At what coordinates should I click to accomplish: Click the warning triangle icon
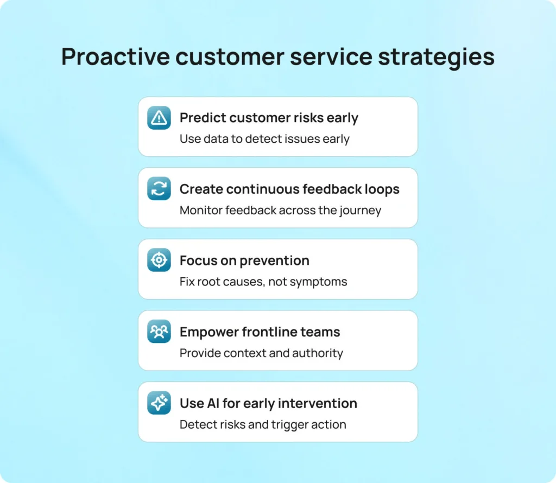(159, 118)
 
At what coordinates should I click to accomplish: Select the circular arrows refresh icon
(159, 189)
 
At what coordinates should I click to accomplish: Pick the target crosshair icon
(159, 260)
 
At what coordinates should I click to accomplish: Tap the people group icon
(159, 332)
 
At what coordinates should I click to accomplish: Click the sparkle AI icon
(159, 403)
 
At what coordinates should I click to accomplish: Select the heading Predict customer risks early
(269, 118)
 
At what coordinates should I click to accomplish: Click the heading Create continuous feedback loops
(289, 189)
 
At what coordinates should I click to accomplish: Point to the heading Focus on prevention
(244, 260)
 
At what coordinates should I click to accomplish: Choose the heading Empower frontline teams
(260, 332)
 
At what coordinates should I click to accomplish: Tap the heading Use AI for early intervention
(268, 403)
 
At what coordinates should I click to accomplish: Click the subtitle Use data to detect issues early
(264, 139)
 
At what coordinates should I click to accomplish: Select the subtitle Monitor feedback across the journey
(280, 210)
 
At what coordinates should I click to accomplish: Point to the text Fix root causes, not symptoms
(263, 282)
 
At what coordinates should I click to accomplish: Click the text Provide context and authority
(261, 353)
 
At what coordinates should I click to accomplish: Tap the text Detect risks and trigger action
(263, 424)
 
